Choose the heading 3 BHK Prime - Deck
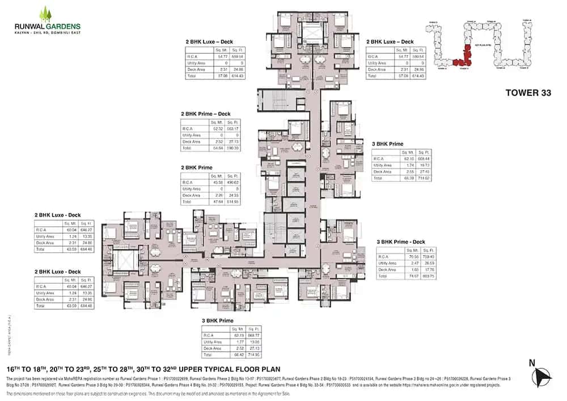click(401, 242)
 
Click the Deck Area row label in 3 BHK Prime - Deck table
click(387, 270)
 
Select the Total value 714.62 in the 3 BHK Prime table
click(423, 178)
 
